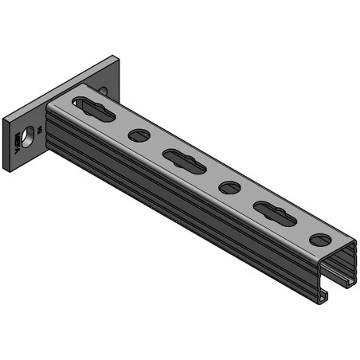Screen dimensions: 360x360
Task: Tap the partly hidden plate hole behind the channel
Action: click(x=104, y=92)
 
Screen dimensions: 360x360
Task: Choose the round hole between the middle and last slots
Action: click(x=229, y=188)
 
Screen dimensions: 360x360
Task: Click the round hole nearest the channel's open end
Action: click(x=320, y=240)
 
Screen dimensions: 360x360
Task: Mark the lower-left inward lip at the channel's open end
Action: click(x=324, y=295)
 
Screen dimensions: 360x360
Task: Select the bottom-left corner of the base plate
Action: click(x=7, y=168)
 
